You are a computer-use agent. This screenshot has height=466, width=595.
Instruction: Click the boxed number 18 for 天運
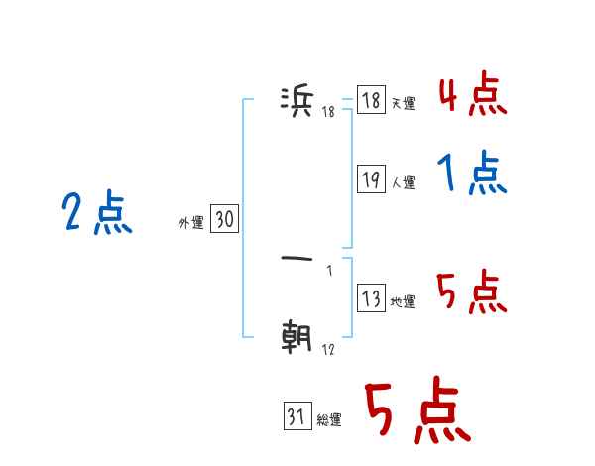coord(371,101)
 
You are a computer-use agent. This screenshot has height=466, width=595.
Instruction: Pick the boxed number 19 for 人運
coord(371,179)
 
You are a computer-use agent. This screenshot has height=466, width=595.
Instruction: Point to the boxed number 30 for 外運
coord(224,220)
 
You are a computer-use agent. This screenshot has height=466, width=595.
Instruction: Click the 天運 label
coord(403,104)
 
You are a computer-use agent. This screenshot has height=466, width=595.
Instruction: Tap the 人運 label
coord(403,183)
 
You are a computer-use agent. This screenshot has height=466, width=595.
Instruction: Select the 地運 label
coord(403,302)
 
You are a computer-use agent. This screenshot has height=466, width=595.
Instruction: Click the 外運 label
coord(191,224)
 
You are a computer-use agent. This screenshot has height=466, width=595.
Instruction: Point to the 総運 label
coord(328,420)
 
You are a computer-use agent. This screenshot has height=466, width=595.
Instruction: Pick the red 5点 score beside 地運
coord(472,292)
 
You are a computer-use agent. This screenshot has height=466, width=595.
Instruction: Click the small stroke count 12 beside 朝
coord(327,350)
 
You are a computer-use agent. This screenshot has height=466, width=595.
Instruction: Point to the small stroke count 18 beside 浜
coord(328,111)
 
